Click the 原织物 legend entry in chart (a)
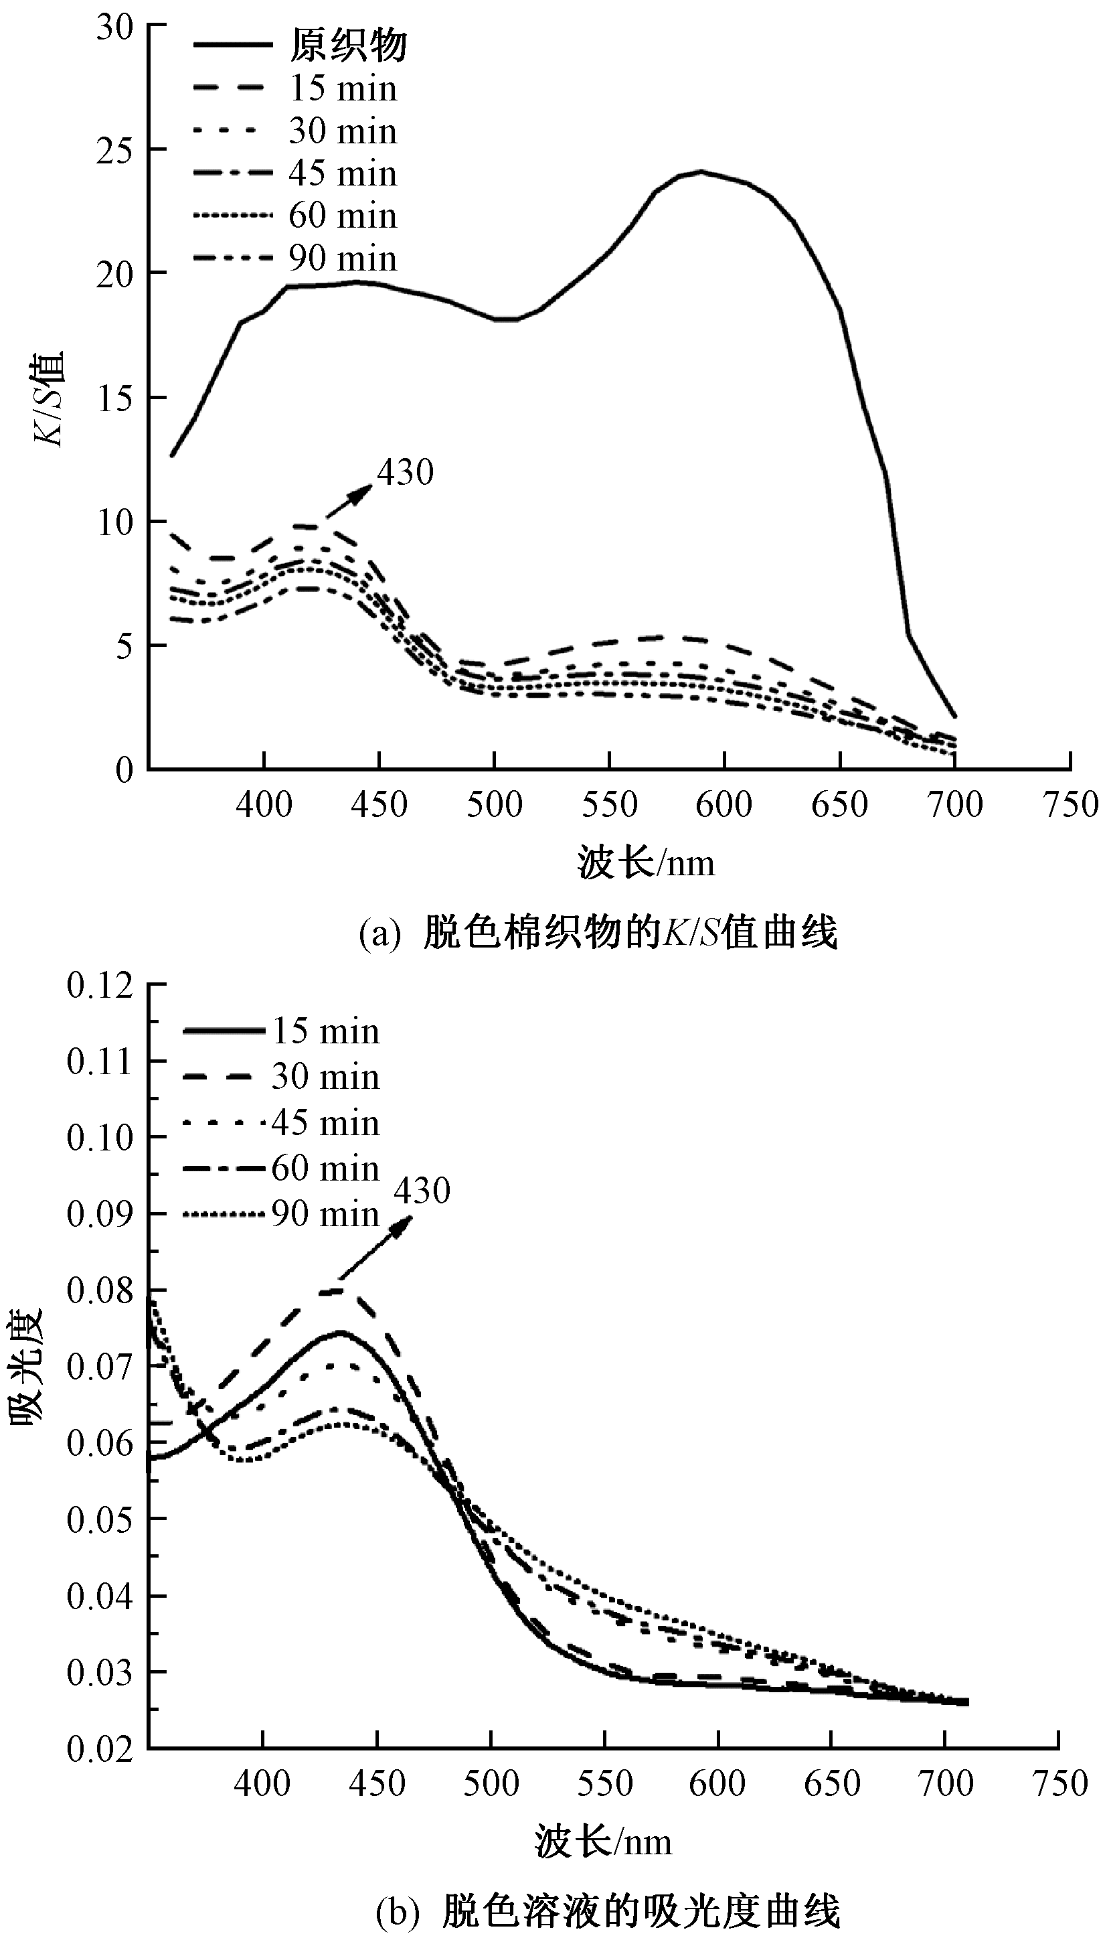pyautogui.click(x=348, y=46)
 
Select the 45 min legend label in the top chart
pyautogui.click(x=342, y=174)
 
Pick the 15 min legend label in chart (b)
pyautogui.click(x=325, y=1031)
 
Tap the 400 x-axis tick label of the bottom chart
pyautogui.click(x=262, y=1783)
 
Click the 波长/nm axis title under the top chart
pyautogui.click(x=647, y=864)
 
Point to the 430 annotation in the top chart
pyautogui.click(x=405, y=472)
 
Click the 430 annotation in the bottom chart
pyautogui.click(x=422, y=1191)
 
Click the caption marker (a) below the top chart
pyautogui.click(x=379, y=933)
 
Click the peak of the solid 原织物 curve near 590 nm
pyautogui.click(x=701, y=172)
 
